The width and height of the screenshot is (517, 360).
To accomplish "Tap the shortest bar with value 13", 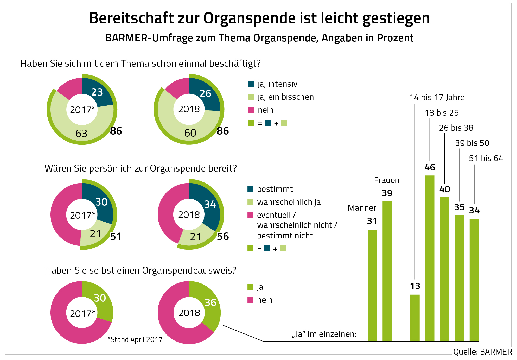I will point(415,318).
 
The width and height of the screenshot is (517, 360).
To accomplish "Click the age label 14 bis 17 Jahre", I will point(437,98).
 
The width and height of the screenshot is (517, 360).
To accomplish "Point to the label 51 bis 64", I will point(486,158).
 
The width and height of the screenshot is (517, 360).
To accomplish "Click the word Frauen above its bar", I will point(387,180).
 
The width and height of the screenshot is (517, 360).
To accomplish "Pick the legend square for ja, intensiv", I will point(251,84).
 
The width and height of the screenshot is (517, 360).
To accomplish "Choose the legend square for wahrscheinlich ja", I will point(250,202).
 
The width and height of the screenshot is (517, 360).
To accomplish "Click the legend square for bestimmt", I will point(250,189).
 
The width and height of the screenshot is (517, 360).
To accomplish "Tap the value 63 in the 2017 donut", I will point(81,134).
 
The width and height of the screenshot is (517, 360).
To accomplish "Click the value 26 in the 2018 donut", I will point(205,93).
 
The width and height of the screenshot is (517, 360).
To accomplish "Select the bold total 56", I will point(223,236).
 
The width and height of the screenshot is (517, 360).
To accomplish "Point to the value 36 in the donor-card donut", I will point(210,302).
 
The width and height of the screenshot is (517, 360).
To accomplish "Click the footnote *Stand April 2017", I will point(135,339).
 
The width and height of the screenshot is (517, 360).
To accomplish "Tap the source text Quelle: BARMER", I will point(482,352).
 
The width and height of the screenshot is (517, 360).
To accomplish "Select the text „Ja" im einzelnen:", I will point(324,334).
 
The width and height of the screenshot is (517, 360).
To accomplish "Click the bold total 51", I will point(116,236).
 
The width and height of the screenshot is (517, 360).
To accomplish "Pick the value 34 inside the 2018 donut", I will point(210,204).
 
